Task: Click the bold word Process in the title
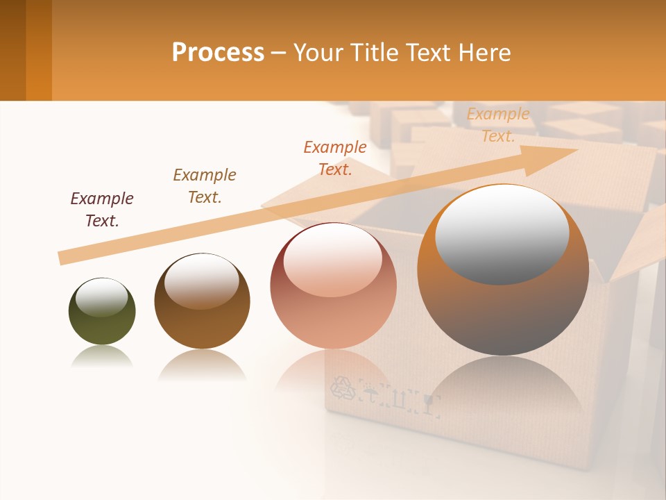pyautogui.click(x=218, y=52)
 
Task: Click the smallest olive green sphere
pyautogui.click(x=102, y=312)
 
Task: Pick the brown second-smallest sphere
pyautogui.click(x=202, y=301)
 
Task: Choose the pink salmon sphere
pyautogui.click(x=333, y=286)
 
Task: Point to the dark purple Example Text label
pyautogui.click(x=102, y=209)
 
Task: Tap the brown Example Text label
pyautogui.click(x=205, y=185)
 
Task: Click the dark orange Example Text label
pyautogui.click(x=335, y=158)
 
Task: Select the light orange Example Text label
pyautogui.click(x=497, y=125)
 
